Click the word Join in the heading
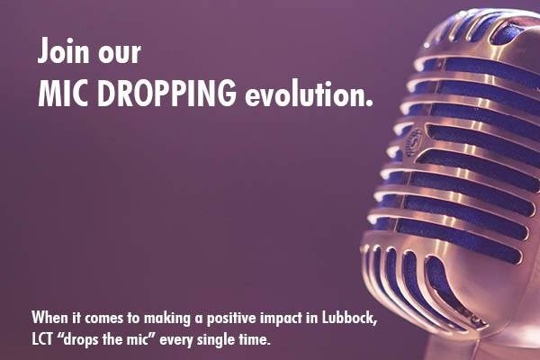63,50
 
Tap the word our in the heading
119,54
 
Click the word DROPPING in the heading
166,93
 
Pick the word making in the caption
167,319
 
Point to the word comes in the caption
103,319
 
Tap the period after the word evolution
369,103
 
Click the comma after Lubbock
375,323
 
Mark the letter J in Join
44,50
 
